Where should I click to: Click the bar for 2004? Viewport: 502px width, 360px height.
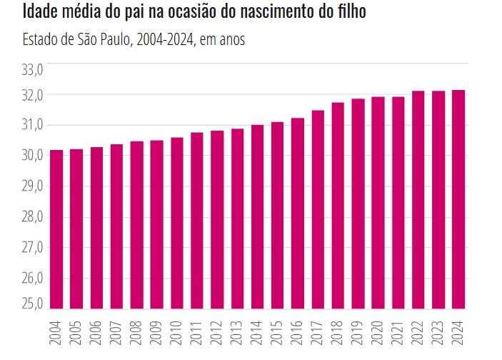click(56, 229)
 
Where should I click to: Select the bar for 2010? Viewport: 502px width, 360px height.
click(177, 224)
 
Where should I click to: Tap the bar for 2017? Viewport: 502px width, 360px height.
click(318, 209)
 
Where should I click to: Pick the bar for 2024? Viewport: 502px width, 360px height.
click(458, 199)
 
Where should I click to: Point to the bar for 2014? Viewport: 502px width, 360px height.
click(257, 217)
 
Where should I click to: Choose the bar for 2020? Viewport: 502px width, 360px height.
click(378, 203)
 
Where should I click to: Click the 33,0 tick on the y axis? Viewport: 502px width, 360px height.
click(32, 70)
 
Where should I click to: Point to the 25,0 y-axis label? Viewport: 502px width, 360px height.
click(32, 304)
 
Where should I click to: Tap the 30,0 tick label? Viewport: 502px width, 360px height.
click(32, 156)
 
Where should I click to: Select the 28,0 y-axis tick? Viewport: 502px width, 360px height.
click(32, 217)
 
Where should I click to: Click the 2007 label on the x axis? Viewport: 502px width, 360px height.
click(116, 333)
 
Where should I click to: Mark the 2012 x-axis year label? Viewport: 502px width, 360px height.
click(217, 333)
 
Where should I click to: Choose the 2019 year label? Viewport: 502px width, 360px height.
click(358, 333)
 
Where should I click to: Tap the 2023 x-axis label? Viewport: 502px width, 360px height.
click(438, 333)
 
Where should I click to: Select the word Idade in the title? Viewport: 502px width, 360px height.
click(40, 11)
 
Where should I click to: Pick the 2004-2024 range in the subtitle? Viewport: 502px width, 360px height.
click(165, 40)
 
